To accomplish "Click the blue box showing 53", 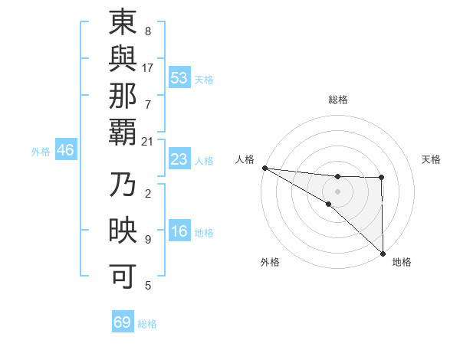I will [x=179, y=78].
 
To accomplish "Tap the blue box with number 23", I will [x=179, y=160].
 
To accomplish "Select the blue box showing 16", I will [x=179, y=232].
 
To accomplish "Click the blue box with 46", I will [x=65, y=151].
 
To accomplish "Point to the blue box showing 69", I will [x=123, y=322].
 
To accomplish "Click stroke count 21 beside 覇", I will [x=148, y=142].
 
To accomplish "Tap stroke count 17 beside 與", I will [x=148, y=67].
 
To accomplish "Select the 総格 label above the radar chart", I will [x=338, y=100].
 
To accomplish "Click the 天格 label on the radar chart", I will [x=432, y=159].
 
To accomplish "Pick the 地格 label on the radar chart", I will [x=402, y=262].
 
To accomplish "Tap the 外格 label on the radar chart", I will [x=270, y=262].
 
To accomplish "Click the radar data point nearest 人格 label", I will [x=264, y=168].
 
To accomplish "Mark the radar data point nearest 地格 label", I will [x=382, y=253].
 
